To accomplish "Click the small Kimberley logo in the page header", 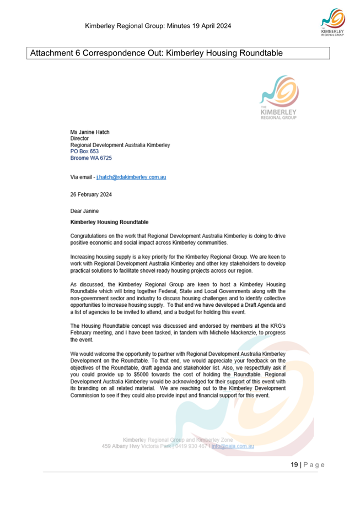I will (x=333, y=21).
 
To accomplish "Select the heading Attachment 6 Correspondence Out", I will (x=157, y=53).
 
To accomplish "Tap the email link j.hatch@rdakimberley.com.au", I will (x=131, y=177).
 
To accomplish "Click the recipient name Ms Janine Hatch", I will (x=90, y=132).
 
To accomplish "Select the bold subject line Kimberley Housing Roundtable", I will (x=109, y=223).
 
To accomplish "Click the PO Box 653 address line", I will (x=84, y=151).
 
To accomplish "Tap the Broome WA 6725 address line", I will (x=91, y=158).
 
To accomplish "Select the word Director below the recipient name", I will (x=79, y=139).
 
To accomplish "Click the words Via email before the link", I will (x=81, y=177).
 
